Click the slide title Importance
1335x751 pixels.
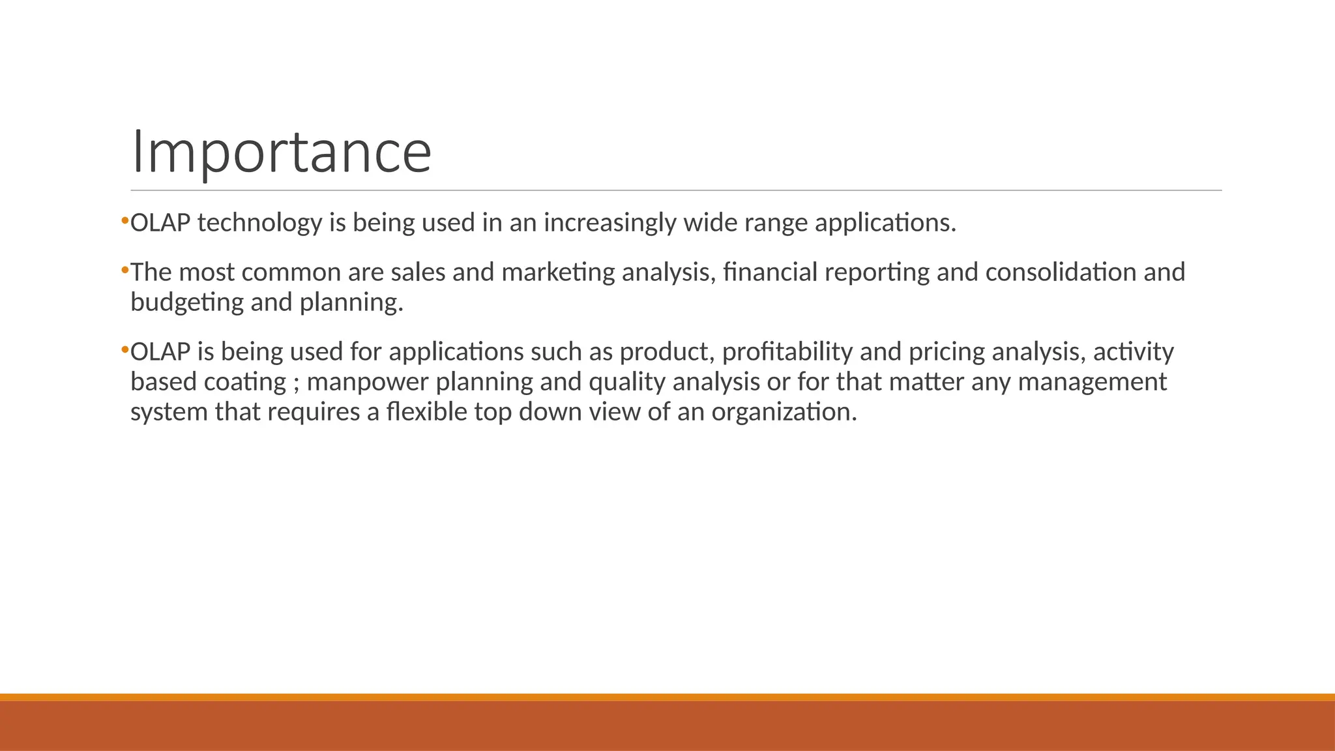(x=281, y=152)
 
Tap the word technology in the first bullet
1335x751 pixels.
(x=259, y=223)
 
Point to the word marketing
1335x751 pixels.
(x=558, y=272)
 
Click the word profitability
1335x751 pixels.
(x=787, y=352)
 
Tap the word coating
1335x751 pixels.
(x=244, y=382)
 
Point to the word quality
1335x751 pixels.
(x=626, y=382)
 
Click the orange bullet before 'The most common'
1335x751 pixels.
(x=125, y=270)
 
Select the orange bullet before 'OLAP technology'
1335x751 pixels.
(x=125, y=221)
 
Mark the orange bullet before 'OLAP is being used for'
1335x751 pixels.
(x=125, y=350)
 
